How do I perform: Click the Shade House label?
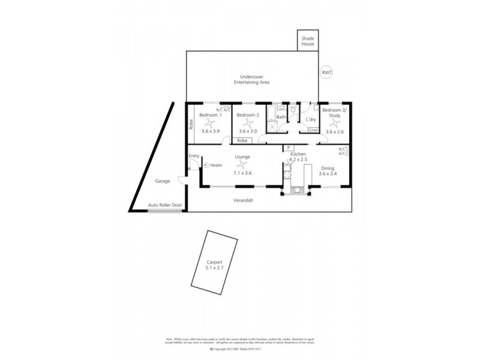[x=308, y=41]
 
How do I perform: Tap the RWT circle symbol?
[x=327, y=73]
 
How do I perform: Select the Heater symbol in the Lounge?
[x=206, y=164]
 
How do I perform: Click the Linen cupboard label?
[x=313, y=130]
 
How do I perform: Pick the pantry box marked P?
[x=288, y=148]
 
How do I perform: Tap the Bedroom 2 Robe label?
[x=242, y=140]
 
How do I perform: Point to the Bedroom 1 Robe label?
[x=191, y=125]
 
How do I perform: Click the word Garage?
[x=163, y=181]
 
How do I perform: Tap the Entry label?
[x=194, y=157]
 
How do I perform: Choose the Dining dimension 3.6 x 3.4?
[x=328, y=174]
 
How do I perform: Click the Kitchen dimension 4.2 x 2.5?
[x=299, y=160]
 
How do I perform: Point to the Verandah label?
[x=243, y=200]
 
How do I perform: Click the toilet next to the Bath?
[x=293, y=110]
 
